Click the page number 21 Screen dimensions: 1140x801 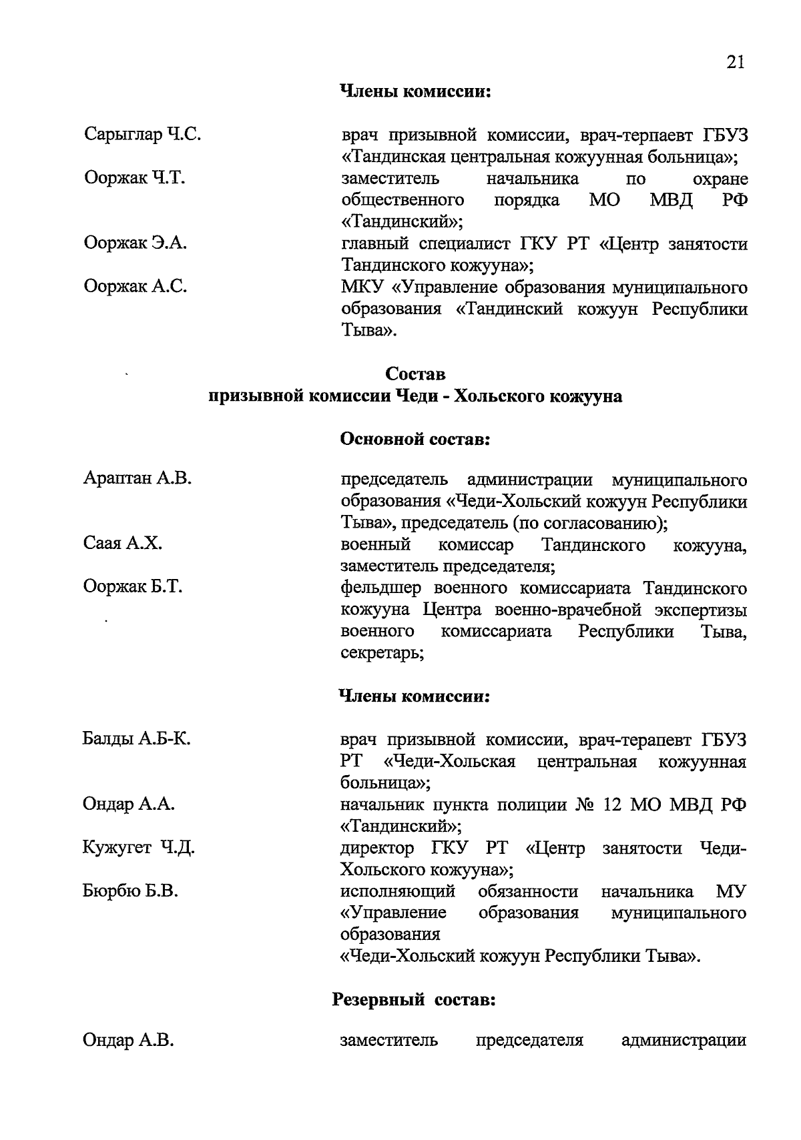[x=734, y=62]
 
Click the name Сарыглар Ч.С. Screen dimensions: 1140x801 [x=143, y=135]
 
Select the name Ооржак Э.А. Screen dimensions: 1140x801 [x=135, y=243]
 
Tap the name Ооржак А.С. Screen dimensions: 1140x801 [x=135, y=287]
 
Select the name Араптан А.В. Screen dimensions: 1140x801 [x=138, y=478]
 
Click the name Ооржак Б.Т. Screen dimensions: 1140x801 [x=133, y=587]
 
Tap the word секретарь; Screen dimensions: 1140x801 [x=382, y=653]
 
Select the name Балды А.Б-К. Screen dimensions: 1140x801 [x=137, y=738]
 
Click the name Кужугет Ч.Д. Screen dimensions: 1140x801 [x=139, y=848]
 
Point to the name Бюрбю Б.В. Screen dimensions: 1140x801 [x=130, y=891]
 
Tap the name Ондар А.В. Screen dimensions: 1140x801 [x=128, y=1041]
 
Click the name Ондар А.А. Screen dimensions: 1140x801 [x=128, y=804]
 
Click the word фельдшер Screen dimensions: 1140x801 [x=379, y=588]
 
